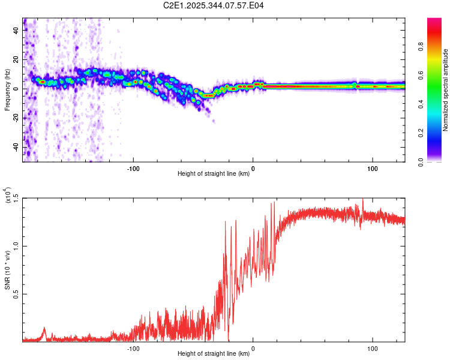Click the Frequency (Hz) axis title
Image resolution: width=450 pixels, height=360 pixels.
pyautogui.click(x=7, y=90)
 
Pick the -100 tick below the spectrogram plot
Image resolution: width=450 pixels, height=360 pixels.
pyautogui.click(x=133, y=168)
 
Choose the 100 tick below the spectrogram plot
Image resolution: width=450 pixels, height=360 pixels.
pyautogui.click(x=372, y=168)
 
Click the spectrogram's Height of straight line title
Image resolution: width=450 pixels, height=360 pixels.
pyautogui.click(x=214, y=174)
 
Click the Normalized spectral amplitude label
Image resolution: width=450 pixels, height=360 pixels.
pyautogui.click(x=446, y=90)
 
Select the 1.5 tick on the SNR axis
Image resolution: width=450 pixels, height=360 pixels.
pyautogui.click(x=15, y=197)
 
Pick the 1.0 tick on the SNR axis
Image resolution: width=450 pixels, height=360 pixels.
pyautogui.click(x=15, y=245)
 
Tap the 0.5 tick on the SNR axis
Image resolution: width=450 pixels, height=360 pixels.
pyautogui.click(x=15, y=293)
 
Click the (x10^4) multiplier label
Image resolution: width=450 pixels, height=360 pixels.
pyautogui.click(x=7, y=196)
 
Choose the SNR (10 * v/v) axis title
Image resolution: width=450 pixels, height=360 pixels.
pyautogui.click(x=7, y=270)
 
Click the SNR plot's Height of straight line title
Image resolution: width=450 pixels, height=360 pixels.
pyautogui.click(x=214, y=354)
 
